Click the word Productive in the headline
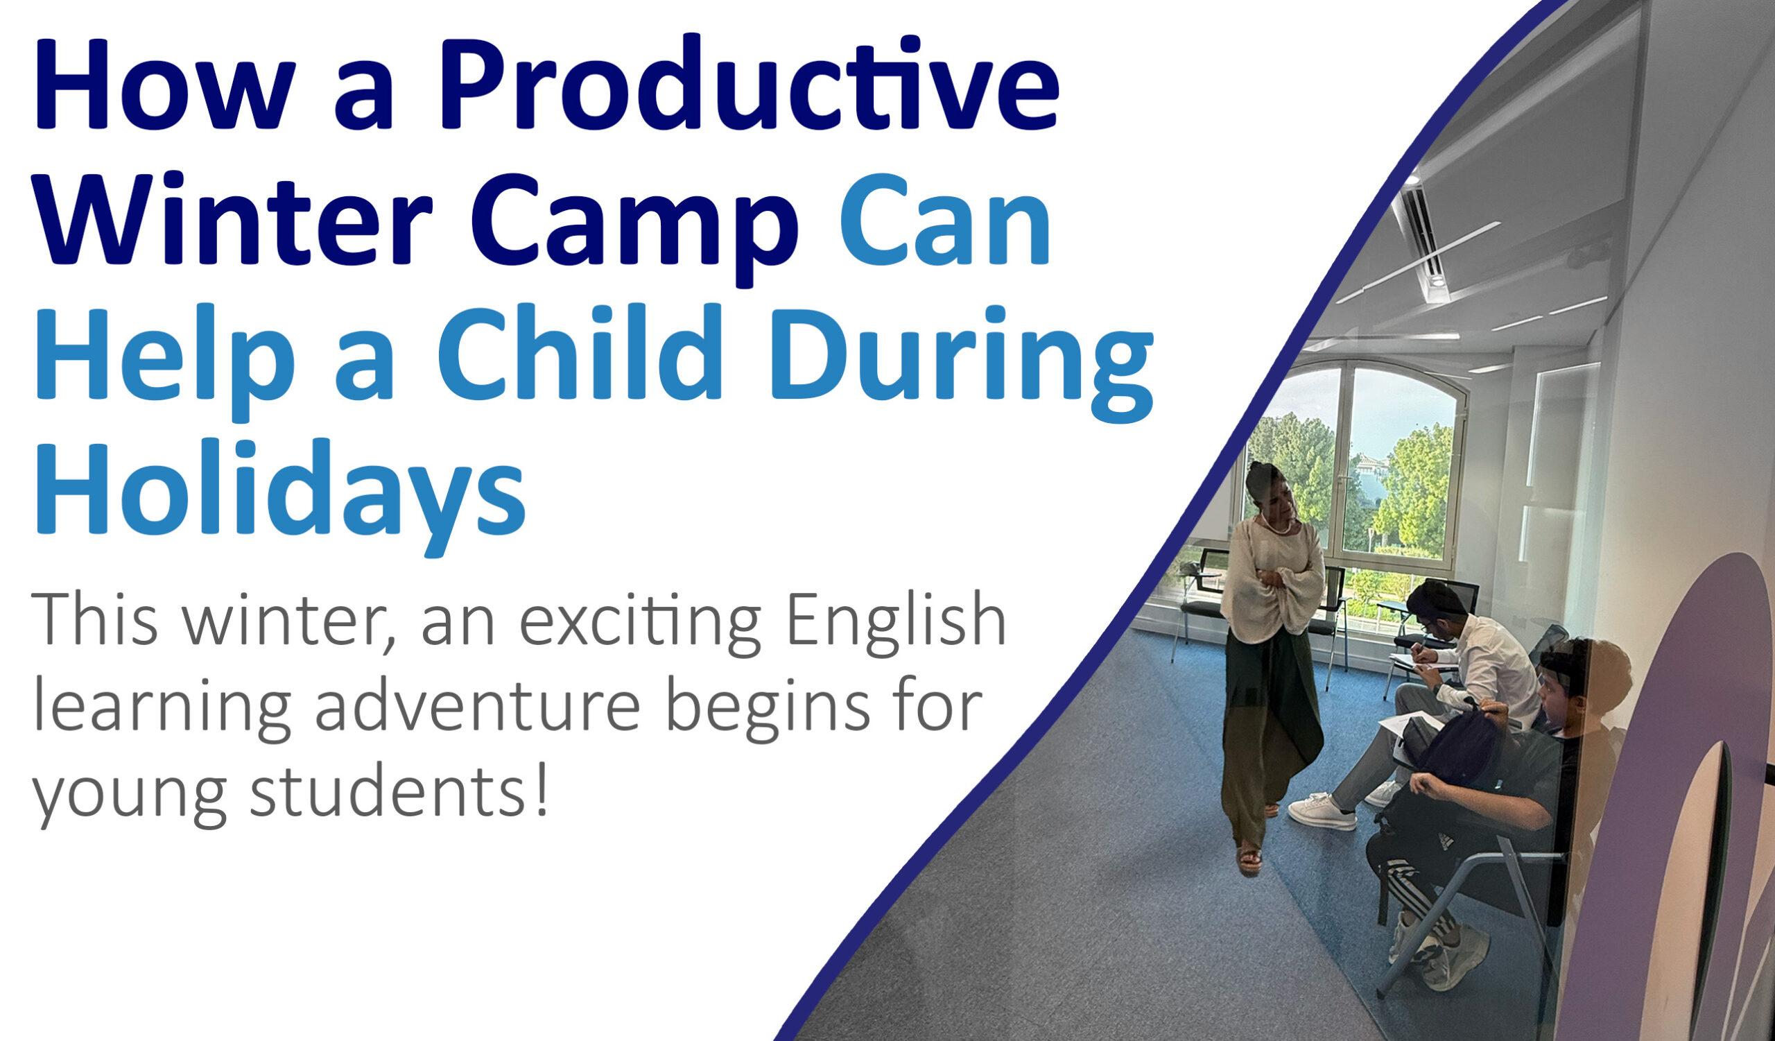[x=749, y=83]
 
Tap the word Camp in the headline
[x=634, y=229]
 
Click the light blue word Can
[x=945, y=218]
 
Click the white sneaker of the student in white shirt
[x=1322, y=810]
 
